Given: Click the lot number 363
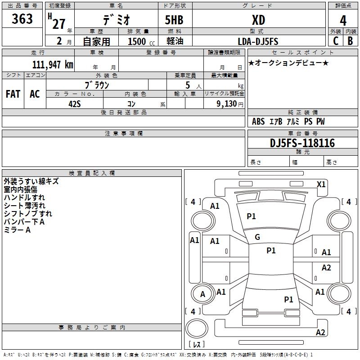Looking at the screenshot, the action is pyautogui.click(x=22, y=18).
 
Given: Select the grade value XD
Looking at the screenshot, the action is pyautogui.click(x=258, y=20).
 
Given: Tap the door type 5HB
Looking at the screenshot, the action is pyautogui.click(x=174, y=20).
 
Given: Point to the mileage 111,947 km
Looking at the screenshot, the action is pyautogui.click(x=53, y=64).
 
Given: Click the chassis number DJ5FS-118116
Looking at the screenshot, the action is pyautogui.click(x=302, y=143).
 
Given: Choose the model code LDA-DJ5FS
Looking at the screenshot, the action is pyautogui.click(x=258, y=41).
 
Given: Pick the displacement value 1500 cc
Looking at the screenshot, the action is pyautogui.click(x=141, y=41).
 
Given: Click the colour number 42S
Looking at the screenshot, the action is pyautogui.click(x=75, y=104).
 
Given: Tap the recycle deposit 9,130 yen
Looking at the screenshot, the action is pyautogui.click(x=230, y=104).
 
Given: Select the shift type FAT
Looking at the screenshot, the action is pyautogui.click(x=13, y=94).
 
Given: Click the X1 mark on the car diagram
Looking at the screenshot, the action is pyautogui.click(x=321, y=184).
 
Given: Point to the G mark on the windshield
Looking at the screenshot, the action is pyautogui.click(x=257, y=237).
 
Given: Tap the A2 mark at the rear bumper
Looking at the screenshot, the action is pyautogui.click(x=320, y=333).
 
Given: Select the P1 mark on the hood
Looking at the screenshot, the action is pyautogui.click(x=251, y=216).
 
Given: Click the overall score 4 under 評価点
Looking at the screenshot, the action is pyautogui.click(x=343, y=20).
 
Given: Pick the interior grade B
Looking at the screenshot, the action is pyautogui.click(x=350, y=41).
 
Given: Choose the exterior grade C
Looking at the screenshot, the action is pyautogui.click(x=336, y=41).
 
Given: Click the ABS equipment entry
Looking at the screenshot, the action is pyautogui.click(x=258, y=121).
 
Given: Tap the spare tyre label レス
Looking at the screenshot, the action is pyautogui.click(x=197, y=344).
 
